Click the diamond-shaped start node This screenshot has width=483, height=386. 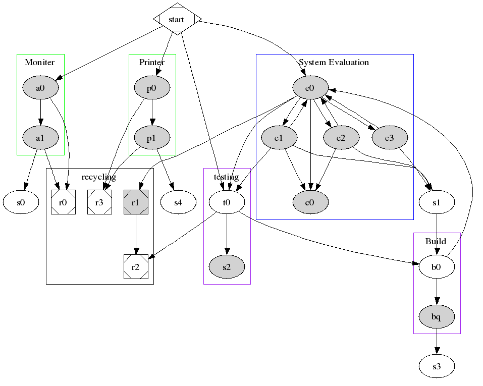pyautogui.click(x=177, y=19)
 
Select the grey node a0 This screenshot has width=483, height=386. pyautogui.click(x=40, y=88)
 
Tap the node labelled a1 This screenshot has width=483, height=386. pyautogui.click(x=40, y=137)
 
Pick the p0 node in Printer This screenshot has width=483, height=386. pyautogui.click(x=152, y=88)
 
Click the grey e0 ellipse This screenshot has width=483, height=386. pyautogui.click(x=310, y=88)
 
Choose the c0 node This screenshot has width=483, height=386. pyautogui.click(x=310, y=202)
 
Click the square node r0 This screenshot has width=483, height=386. pyautogui.click(x=63, y=202)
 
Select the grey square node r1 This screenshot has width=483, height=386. pyautogui.click(x=136, y=202)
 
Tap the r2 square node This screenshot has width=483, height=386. pyautogui.click(x=136, y=266)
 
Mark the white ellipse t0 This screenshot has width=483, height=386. pyautogui.click(x=227, y=202)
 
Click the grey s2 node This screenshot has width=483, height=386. pyautogui.click(x=227, y=266)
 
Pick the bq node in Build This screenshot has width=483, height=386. pyautogui.click(x=437, y=317)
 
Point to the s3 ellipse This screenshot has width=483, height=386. pyautogui.click(x=437, y=366)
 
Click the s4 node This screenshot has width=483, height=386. pyautogui.click(x=178, y=202)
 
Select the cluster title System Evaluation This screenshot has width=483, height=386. pyautogui.click(x=334, y=63)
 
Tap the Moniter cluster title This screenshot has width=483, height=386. pyautogui.click(x=40, y=63)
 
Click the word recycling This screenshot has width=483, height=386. pyautogui.click(x=99, y=177)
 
